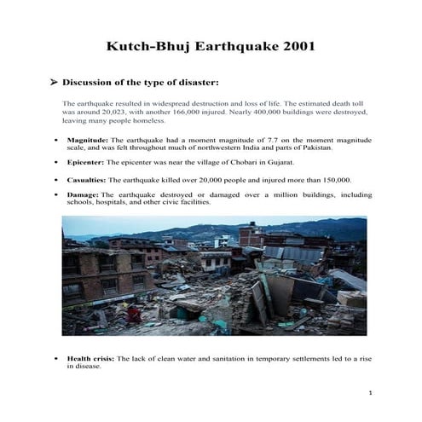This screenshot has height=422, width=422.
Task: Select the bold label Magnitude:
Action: point(88,139)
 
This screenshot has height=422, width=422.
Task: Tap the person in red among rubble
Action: point(134,315)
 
